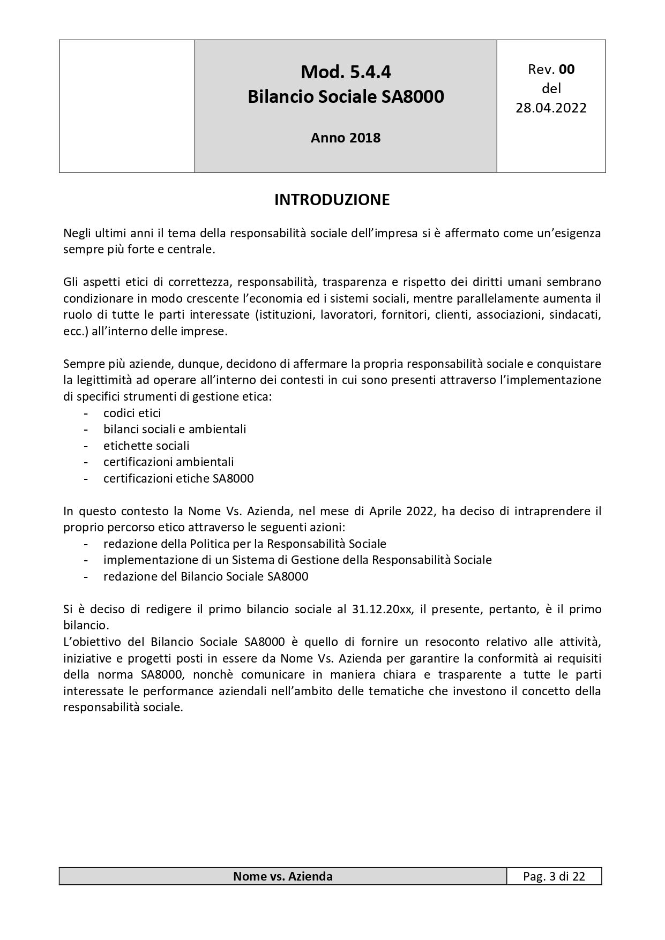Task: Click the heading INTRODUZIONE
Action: click(332, 200)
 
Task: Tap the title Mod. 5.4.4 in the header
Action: click(346, 72)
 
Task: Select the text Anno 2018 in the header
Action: click(346, 138)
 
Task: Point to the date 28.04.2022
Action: click(551, 108)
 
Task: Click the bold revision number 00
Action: click(566, 69)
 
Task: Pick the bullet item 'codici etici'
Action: click(132, 413)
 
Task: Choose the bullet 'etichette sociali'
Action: click(146, 446)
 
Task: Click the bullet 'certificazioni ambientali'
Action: click(168, 462)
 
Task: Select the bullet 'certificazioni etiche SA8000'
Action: click(178, 478)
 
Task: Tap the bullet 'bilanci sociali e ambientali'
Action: click(175, 429)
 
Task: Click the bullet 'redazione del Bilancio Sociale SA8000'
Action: click(206, 576)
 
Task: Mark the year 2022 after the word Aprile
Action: click(420, 511)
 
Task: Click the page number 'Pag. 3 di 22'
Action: click(554, 876)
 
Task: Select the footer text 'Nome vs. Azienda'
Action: click(282, 876)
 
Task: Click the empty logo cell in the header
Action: click(127, 106)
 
